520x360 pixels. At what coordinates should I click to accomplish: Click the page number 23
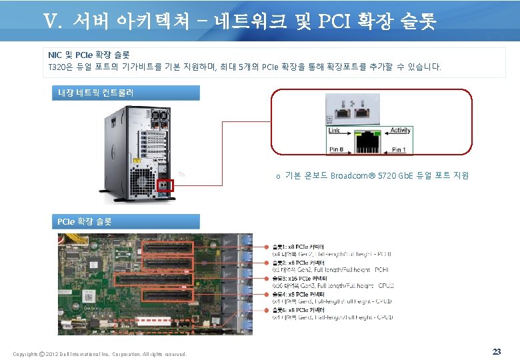(x=496, y=351)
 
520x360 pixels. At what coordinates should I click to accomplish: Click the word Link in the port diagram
(x=334, y=131)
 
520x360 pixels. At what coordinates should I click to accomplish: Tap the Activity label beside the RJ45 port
(x=400, y=131)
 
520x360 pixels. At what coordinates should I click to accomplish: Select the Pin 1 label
(x=398, y=150)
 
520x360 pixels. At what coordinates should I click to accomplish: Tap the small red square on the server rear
(x=165, y=184)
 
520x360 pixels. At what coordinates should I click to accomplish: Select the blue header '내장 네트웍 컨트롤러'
(x=125, y=93)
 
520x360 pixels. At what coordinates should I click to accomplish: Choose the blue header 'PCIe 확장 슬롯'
(x=125, y=221)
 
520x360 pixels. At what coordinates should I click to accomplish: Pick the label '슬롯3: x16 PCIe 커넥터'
(x=298, y=278)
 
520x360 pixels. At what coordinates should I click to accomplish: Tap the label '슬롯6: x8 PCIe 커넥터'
(x=298, y=309)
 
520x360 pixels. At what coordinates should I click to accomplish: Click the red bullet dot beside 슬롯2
(x=267, y=263)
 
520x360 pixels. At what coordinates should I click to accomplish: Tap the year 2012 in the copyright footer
(x=55, y=353)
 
